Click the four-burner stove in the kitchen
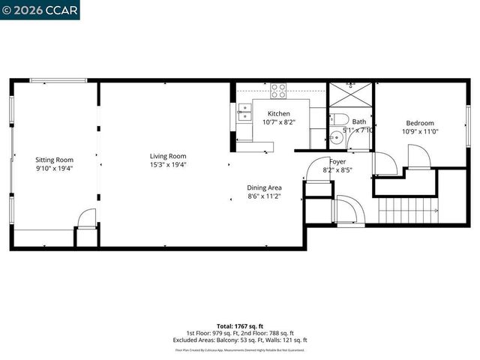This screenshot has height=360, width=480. (278, 90)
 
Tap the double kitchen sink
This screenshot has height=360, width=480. (244, 112)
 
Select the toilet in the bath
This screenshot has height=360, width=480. (338, 119)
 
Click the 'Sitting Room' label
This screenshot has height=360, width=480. (55, 159)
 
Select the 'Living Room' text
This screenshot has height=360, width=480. (168, 156)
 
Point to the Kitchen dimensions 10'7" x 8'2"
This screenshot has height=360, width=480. (279, 121)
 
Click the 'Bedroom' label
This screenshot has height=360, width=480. (420, 123)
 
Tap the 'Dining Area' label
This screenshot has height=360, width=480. (264, 187)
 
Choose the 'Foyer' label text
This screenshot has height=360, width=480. (337, 161)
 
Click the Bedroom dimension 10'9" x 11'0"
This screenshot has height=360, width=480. (420, 131)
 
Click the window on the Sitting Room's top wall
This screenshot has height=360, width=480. (58, 81)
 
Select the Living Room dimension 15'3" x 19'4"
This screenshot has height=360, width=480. (168, 165)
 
